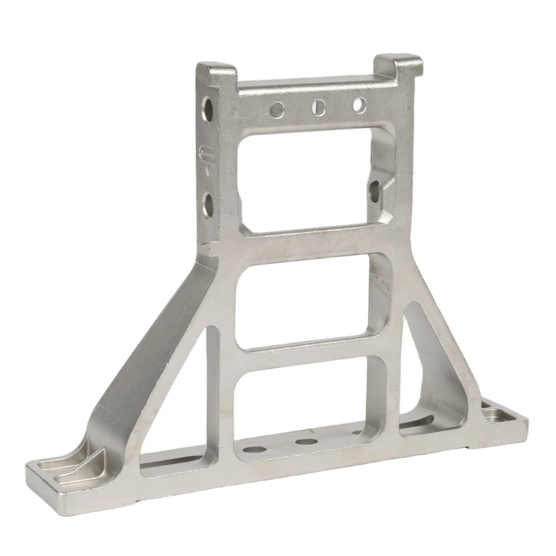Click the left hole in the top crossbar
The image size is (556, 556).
(x=277, y=109)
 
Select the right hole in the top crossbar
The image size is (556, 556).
(x=359, y=104)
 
